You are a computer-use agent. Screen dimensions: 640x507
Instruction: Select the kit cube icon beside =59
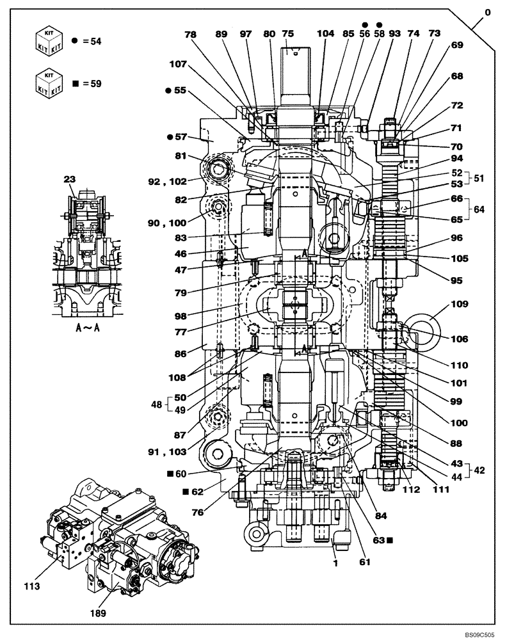[x=49, y=83]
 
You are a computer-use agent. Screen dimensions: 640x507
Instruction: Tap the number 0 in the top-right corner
[x=488, y=12]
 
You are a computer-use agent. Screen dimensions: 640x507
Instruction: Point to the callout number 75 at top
[x=287, y=35]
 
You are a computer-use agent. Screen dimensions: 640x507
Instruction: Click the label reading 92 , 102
[x=166, y=181]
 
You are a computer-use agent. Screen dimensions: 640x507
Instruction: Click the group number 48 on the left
[x=156, y=404]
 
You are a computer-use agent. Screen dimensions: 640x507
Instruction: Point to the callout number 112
[x=411, y=490]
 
